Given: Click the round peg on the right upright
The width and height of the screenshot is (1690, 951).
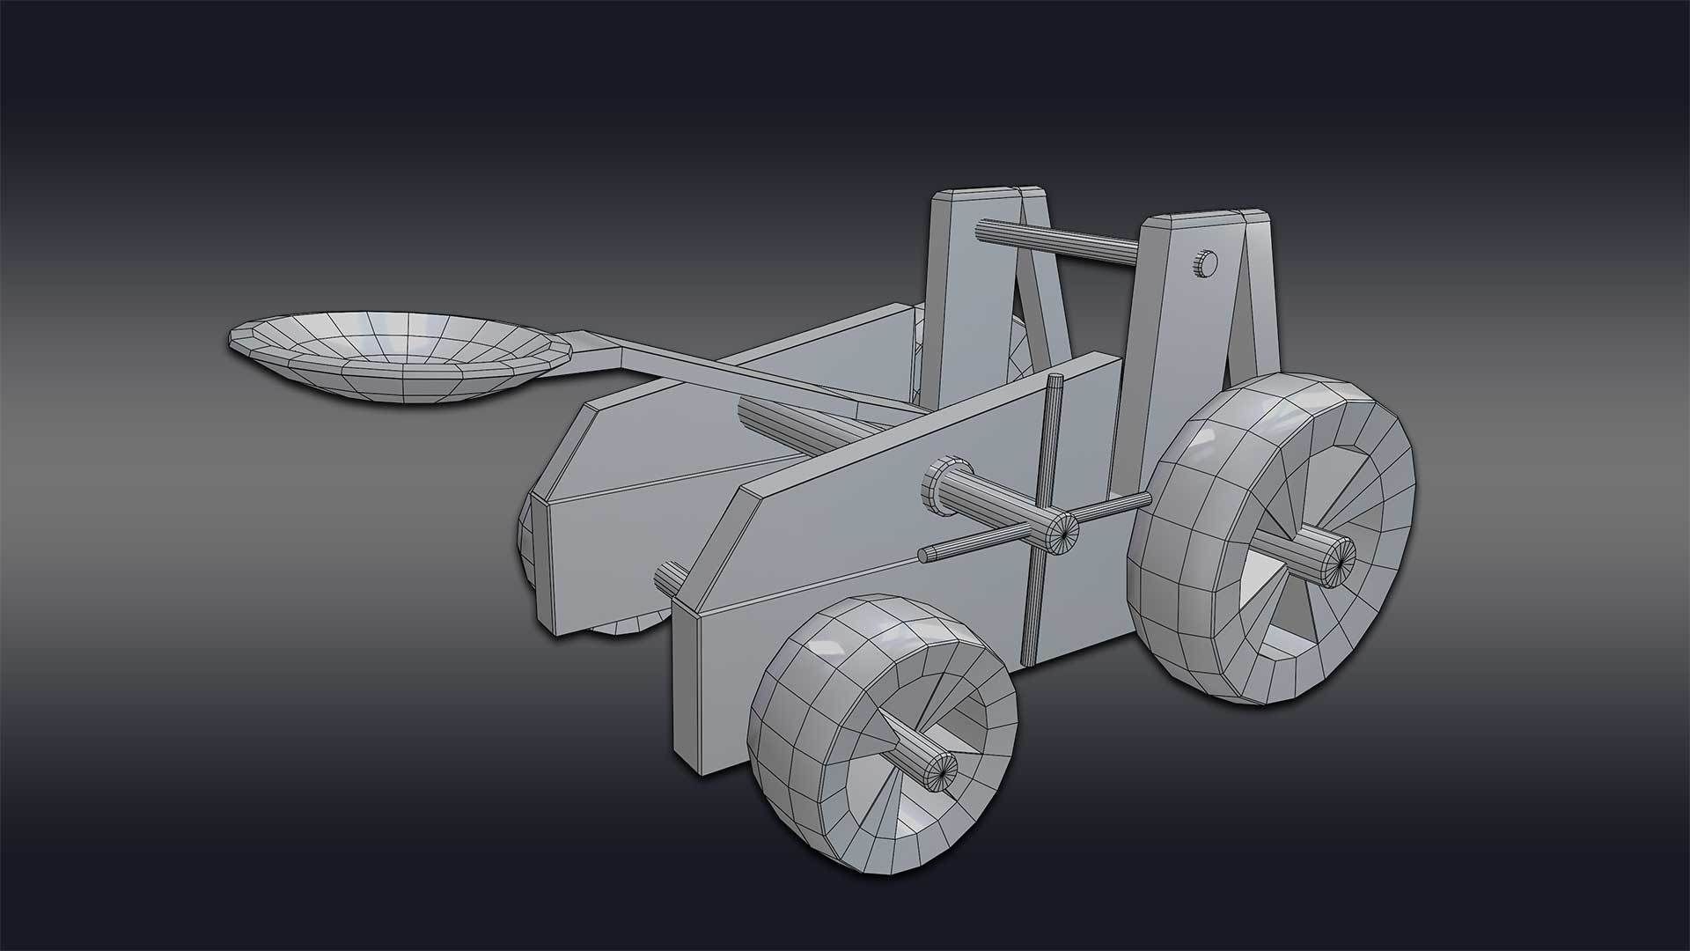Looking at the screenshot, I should (x=1205, y=262).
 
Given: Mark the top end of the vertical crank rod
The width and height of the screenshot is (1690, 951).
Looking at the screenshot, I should (x=1055, y=380).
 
